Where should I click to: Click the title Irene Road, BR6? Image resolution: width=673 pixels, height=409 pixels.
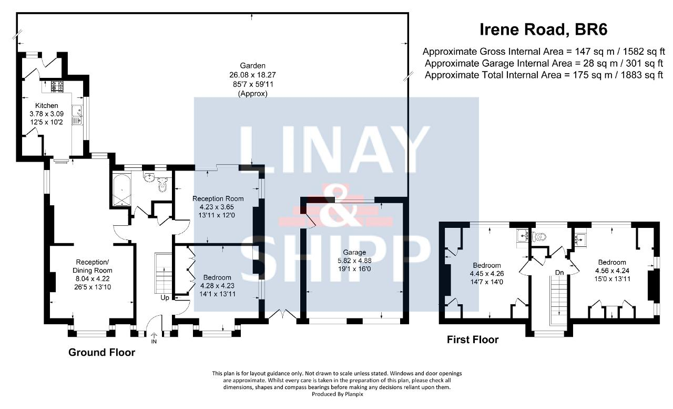click(543, 29)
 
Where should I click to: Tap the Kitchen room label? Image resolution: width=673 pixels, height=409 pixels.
click(47, 106)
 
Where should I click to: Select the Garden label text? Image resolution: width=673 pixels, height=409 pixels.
click(253, 66)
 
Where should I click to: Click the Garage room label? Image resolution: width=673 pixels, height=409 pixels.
click(354, 252)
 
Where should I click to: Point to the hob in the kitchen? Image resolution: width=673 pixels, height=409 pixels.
click(57, 86)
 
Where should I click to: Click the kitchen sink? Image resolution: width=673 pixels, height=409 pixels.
click(77, 115)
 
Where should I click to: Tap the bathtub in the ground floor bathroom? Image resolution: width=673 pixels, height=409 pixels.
click(121, 190)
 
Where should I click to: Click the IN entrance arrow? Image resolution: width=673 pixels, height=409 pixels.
click(154, 335)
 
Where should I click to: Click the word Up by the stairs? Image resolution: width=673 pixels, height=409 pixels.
click(165, 298)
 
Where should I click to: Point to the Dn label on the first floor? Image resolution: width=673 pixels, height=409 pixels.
click(559, 273)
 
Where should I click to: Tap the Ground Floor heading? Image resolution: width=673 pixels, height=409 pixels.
click(102, 353)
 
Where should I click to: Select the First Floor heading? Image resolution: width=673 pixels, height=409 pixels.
click(473, 340)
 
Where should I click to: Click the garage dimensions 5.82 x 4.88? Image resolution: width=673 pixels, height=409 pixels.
click(354, 261)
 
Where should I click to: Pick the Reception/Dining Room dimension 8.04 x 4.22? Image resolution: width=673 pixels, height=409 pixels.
click(93, 279)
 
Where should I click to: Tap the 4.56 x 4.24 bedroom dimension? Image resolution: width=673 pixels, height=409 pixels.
click(612, 271)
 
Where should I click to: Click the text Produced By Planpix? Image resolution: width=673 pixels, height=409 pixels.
click(338, 394)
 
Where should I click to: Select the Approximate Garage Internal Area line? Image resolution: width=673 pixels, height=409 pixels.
click(544, 64)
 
